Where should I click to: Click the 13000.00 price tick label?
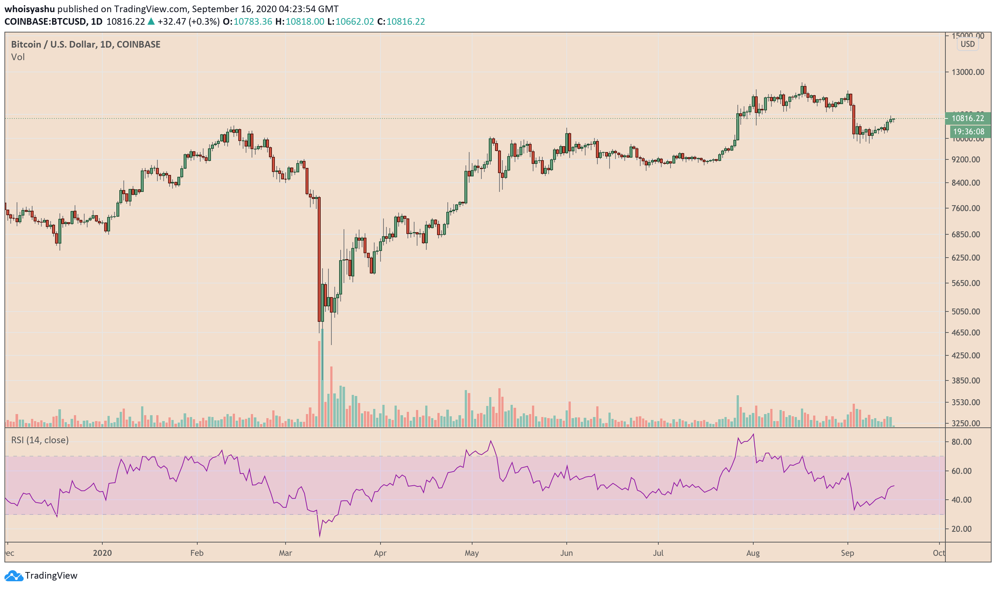point(968,72)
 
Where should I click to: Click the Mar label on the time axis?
point(285,553)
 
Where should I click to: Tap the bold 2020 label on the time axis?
point(102,553)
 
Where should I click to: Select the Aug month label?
point(753,553)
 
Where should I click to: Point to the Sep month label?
point(847,553)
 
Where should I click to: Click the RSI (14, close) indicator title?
point(40,440)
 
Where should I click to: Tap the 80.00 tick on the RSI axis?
point(961,442)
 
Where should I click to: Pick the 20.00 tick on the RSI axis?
point(961,529)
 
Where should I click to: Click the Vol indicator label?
point(18,57)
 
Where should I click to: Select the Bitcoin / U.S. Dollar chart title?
point(85,44)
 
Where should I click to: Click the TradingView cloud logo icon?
point(14,575)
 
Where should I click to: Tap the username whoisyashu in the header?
point(30,9)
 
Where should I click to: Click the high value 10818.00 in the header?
point(305,21)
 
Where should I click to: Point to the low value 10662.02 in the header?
point(354,21)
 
